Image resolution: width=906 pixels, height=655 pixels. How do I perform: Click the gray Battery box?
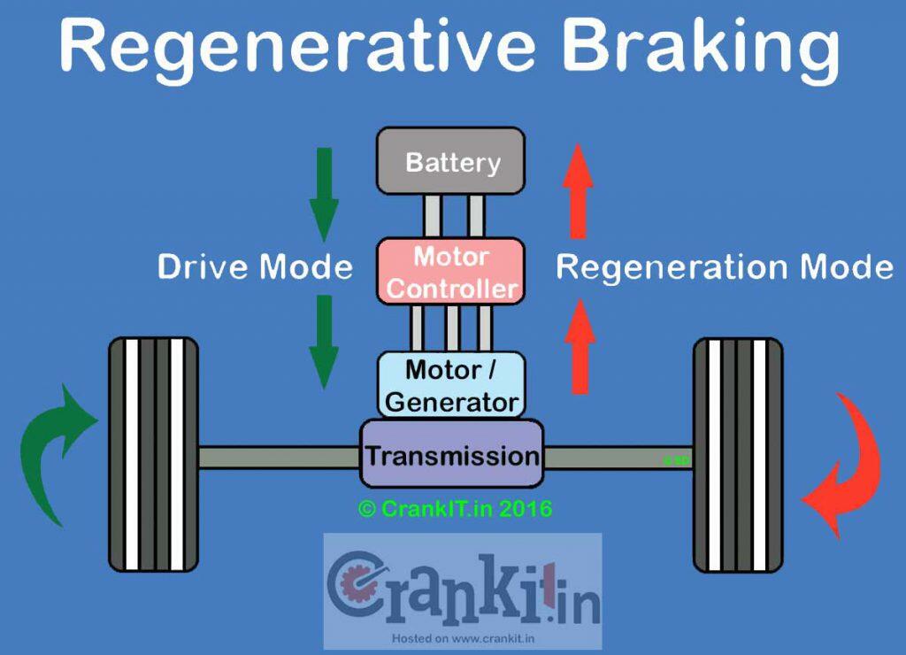point(450,161)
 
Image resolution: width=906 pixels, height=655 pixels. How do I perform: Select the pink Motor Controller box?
point(450,271)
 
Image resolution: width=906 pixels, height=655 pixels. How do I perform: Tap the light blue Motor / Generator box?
point(450,385)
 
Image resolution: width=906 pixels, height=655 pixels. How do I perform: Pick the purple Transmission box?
point(451,455)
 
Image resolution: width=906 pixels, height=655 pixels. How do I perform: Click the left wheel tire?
point(152,453)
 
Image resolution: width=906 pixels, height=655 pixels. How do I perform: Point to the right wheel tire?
point(738,453)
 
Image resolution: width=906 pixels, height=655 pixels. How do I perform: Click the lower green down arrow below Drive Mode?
point(324,340)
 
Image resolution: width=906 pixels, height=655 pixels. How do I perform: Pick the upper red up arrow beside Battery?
point(579,191)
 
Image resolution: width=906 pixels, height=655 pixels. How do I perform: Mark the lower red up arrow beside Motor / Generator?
point(579,345)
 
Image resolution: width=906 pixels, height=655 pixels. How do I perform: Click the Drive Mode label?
point(255,266)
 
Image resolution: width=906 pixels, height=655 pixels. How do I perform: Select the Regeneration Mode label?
point(724,266)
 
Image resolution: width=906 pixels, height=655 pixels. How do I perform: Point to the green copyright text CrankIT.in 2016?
point(455,509)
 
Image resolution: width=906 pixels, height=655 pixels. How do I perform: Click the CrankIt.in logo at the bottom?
point(462,589)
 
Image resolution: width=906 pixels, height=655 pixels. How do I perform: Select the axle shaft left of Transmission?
point(278,456)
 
